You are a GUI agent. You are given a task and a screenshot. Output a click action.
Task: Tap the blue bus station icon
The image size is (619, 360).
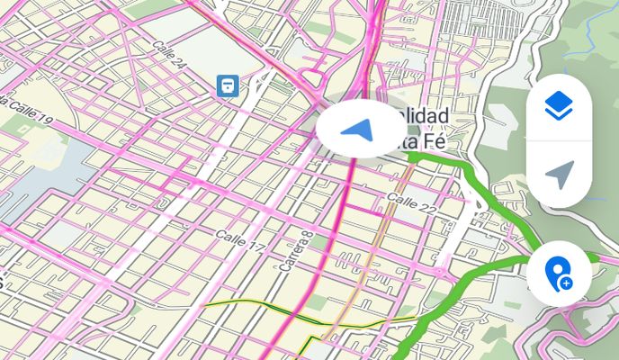click(228, 85)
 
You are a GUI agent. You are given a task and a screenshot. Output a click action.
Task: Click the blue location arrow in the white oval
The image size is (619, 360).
click(358, 131)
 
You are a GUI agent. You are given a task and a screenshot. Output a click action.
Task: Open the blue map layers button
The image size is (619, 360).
click(559, 108)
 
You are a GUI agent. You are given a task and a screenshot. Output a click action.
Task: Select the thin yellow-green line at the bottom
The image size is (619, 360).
click(261, 311)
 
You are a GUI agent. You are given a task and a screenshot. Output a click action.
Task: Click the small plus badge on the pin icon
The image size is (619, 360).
click(567, 283)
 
